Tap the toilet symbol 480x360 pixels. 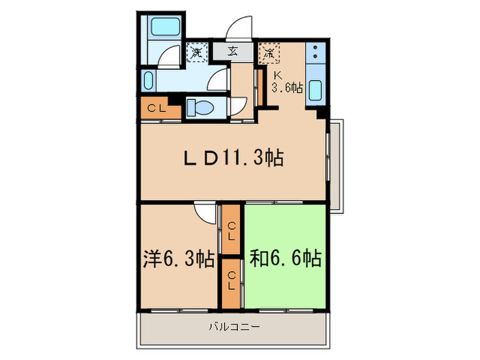point(200,108)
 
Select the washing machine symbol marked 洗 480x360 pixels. point(197,51)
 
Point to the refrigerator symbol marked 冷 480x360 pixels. point(269,51)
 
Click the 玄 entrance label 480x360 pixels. point(233,51)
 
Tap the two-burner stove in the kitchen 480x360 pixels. point(315,52)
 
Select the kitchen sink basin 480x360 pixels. point(316,90)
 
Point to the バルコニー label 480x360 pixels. point(235,327)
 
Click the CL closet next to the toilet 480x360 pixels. point(156,108)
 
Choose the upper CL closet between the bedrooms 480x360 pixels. point(232,230)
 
